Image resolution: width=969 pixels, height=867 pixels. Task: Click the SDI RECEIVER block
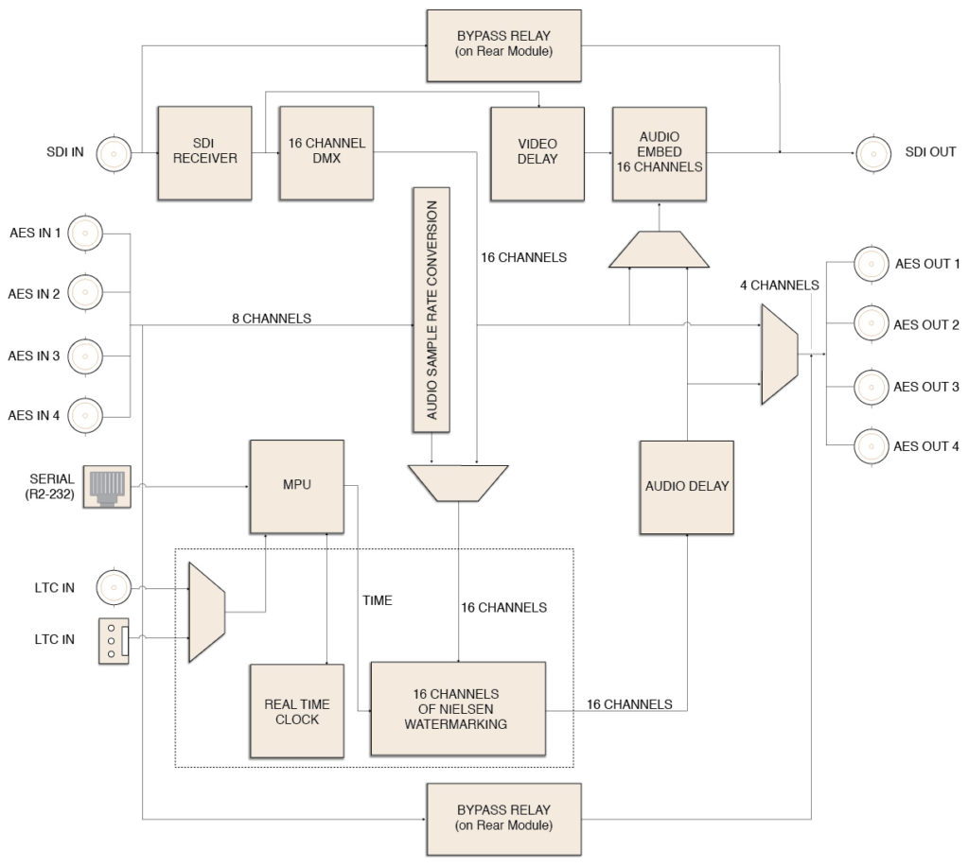point(204,152)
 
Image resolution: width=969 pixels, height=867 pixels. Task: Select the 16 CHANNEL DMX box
point(326,152)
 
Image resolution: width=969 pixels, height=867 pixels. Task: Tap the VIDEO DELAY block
point(537,154)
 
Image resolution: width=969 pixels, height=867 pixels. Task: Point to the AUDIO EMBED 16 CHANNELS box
point(660,154)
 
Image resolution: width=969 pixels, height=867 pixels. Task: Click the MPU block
point(296,487)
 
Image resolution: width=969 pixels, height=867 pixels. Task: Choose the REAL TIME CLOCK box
point(296,711)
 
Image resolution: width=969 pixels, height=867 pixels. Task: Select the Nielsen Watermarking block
point(458,709)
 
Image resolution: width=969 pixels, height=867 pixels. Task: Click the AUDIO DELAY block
point(687,487)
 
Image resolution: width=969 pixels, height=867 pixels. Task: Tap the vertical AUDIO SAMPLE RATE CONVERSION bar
point(432,310)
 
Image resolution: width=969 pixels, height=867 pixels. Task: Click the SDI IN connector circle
point(114,153)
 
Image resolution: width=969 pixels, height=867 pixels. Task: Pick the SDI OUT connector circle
point(873,153)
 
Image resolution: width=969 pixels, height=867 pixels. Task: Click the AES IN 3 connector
point(84,356)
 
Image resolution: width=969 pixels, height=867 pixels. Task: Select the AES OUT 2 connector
point(872,323)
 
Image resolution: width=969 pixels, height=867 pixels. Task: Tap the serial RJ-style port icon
point(107,487)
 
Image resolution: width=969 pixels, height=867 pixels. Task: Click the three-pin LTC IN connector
point(115,641)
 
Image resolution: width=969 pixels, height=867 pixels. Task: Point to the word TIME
point(377,600)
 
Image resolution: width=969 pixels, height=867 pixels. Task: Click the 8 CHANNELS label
point(272,318)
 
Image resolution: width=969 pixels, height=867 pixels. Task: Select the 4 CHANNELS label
point(780,285)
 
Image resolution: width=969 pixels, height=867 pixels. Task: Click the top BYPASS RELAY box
point(503,45)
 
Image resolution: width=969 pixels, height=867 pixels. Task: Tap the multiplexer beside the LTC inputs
point(206,612)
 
